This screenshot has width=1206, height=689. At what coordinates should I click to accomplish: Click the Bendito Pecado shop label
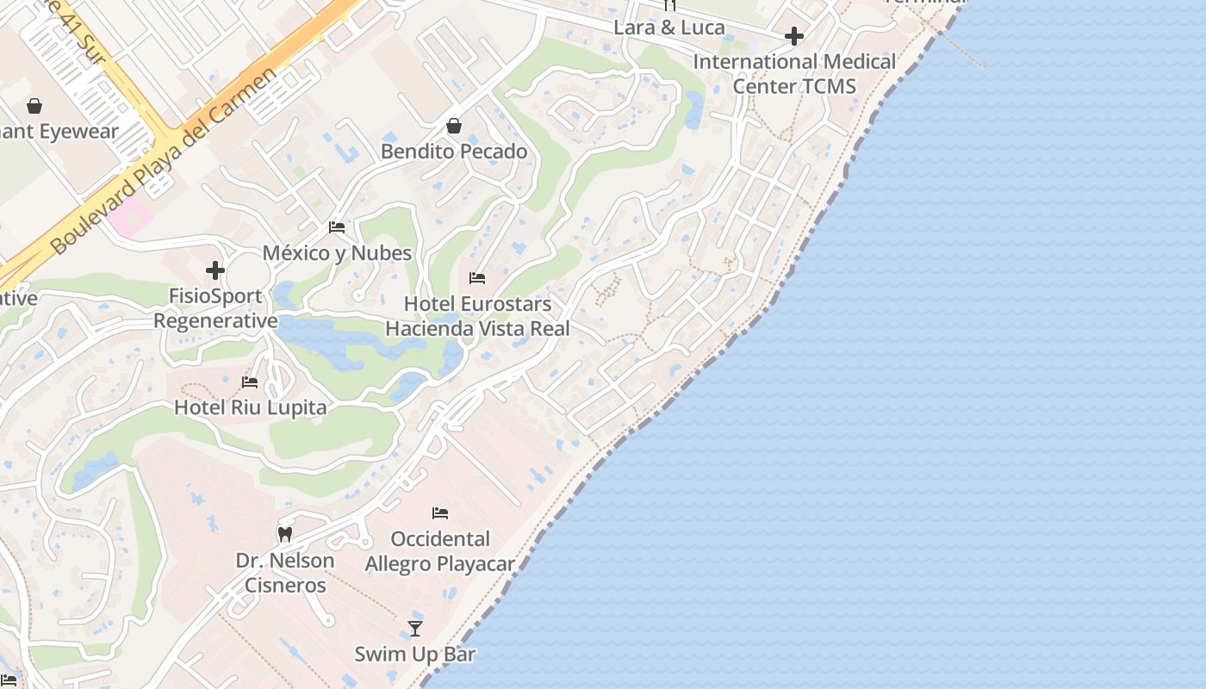(x=454, y=152)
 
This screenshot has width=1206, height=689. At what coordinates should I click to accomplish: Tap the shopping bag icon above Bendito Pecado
(x=454, y=127)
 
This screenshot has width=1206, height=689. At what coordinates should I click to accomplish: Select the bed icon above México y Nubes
(x=337, y=227)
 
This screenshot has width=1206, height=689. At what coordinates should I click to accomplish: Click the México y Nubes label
(x=337, y=253)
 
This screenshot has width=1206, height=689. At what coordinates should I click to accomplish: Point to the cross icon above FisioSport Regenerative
(x=215, y=270)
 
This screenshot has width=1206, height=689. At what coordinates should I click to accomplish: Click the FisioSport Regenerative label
(x=215, y=308)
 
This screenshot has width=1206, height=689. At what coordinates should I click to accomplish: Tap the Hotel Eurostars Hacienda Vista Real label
(x=477, y=316)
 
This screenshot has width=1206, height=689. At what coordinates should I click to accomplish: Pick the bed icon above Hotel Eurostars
(x=477, y=278)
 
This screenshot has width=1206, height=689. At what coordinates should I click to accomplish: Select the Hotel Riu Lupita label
(x=251, y=407)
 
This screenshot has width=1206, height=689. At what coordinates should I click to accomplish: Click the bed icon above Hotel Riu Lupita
(x=250, y=382)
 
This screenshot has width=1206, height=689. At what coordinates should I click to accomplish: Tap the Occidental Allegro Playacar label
(x=440, y=551)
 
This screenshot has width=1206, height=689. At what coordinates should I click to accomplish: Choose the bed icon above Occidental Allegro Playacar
(x=440, y=513)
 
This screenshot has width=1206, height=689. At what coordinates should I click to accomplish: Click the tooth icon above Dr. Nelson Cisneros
(x=285, y=534)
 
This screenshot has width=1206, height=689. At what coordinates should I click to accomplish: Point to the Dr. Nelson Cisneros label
(x=285, y=573)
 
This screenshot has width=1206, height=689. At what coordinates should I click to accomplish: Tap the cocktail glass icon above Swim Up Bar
(x=415, y=628)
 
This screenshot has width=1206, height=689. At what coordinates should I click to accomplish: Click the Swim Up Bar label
(x=415, y=654)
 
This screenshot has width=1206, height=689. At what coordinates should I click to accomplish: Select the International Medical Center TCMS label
(x=794, y=74)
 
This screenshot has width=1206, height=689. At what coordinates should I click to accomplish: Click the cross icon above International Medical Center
(x=794, y=36)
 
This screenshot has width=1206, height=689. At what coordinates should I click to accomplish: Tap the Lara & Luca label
(x=669, y=28)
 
